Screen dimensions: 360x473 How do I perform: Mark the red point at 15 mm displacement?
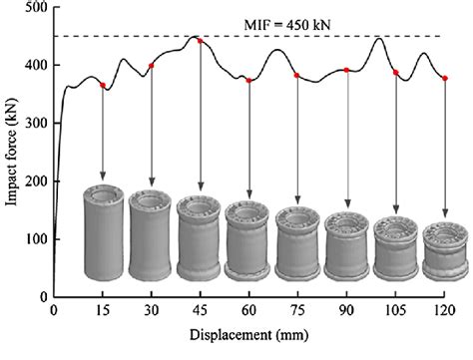103,86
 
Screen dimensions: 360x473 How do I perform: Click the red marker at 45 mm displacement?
201,41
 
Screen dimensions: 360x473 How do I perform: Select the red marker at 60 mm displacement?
249,80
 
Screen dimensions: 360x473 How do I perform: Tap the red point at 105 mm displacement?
396,73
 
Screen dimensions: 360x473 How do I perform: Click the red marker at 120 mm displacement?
445,78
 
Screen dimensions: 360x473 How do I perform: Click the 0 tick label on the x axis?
54,312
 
